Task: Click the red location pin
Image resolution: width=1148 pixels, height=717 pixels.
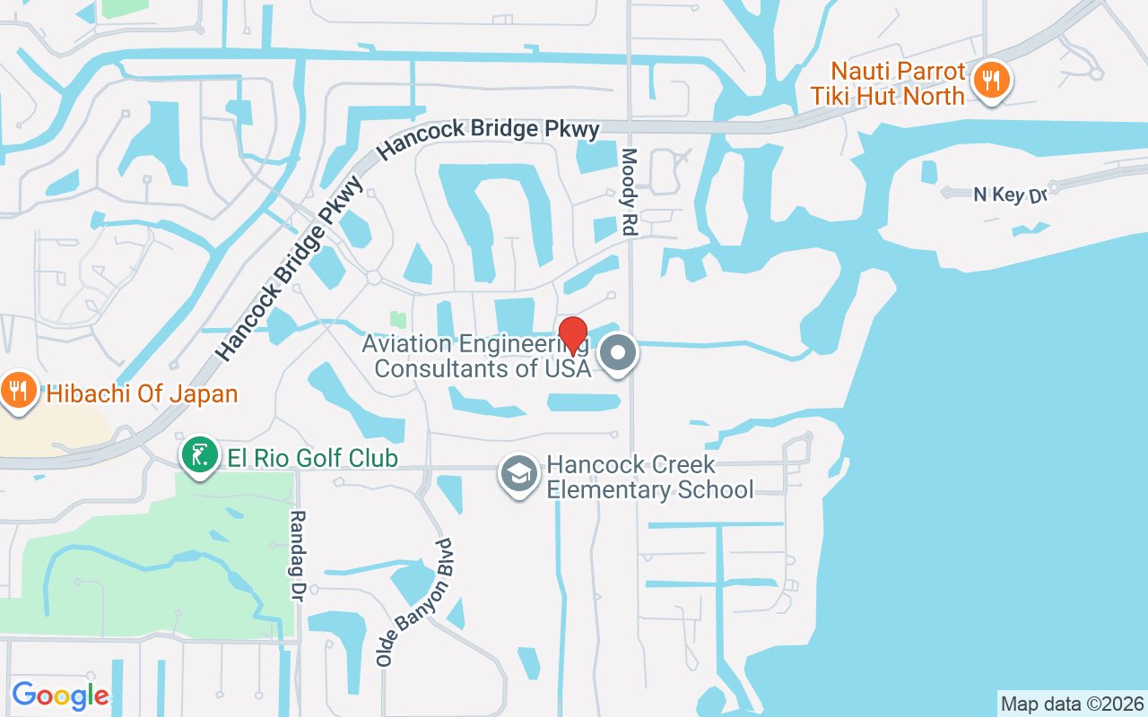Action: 572,335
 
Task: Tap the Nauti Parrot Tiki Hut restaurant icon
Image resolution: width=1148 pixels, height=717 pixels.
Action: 991,82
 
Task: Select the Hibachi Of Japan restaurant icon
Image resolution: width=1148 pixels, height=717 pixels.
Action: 17,391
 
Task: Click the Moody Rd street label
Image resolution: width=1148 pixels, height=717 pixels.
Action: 628,192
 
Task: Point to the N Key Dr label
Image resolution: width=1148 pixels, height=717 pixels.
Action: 1011,194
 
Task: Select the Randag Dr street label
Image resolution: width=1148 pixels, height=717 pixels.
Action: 298,556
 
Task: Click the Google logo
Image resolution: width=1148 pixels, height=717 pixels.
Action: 60,695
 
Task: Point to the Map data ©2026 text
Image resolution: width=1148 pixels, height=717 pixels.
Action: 1072,704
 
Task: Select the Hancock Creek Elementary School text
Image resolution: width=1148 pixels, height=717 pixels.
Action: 649,478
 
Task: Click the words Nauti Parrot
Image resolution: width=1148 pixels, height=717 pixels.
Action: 898,71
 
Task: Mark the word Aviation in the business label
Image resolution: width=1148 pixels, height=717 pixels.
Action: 407,343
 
